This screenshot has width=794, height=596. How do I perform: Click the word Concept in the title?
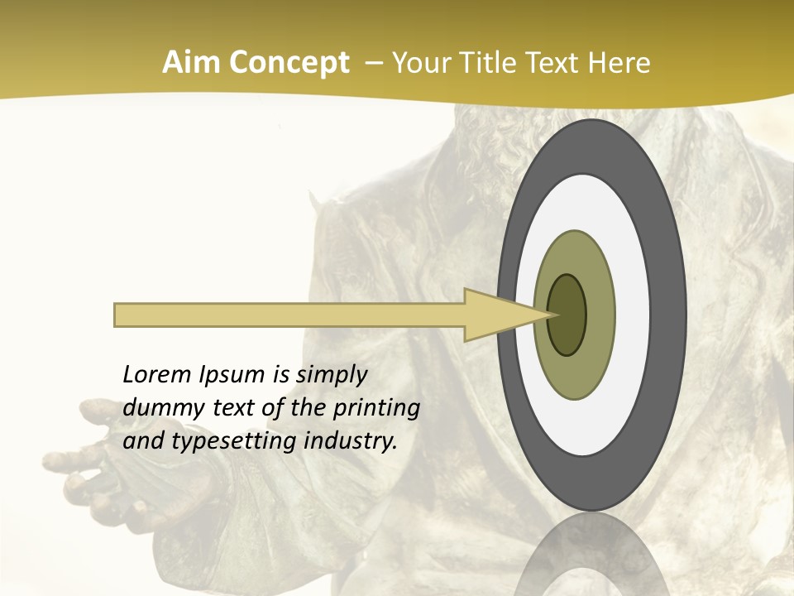(x=289, y=63)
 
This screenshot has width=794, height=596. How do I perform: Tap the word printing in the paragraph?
(x=376, y=409)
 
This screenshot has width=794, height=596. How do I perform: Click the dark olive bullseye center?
(x=567, y=315)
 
